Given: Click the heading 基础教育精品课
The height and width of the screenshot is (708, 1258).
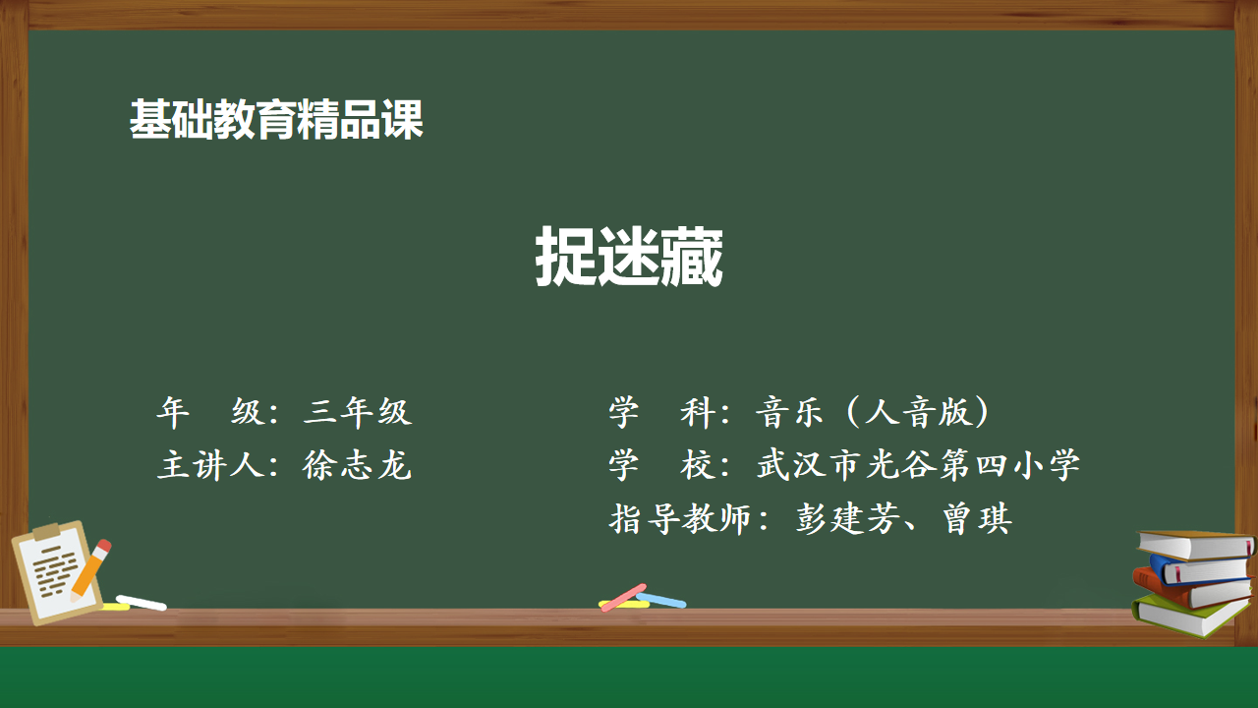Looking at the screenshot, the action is point(276,119).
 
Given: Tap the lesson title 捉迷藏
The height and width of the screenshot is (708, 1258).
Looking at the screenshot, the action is point(629,257).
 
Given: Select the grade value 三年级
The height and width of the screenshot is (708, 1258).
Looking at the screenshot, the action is point(358,412).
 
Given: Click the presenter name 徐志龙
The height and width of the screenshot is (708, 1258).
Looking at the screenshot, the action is point(357,465).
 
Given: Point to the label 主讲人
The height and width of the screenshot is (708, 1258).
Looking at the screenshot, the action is point(210,465).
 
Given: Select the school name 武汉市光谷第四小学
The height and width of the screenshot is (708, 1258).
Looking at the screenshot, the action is point(918,465).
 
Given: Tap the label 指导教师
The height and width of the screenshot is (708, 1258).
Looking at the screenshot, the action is point(680,518).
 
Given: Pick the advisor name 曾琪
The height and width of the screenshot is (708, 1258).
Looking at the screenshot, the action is point(978,518).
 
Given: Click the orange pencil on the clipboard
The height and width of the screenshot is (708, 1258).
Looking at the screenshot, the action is point(89,570).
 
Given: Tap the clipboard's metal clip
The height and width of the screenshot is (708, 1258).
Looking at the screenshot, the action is point(46,531).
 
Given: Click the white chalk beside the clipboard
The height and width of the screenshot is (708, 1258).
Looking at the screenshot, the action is point(141,603).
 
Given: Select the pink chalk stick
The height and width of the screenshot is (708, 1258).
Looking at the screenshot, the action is point(623,597).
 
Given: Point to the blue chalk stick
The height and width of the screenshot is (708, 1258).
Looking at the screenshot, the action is point(661,600).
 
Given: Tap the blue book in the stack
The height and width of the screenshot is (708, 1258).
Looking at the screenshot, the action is point(1199,570).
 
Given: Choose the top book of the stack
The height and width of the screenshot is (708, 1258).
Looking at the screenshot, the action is point(1195,545).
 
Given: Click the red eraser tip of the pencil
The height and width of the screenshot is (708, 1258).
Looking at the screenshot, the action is point(104,545).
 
